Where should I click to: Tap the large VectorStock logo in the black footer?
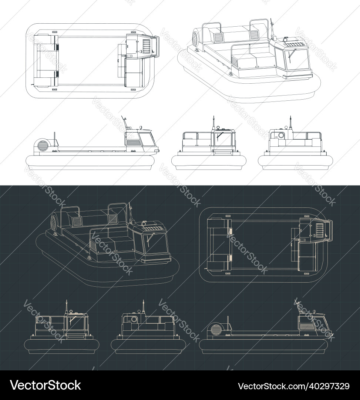(46, 385)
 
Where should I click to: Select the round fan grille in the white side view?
(41, 146)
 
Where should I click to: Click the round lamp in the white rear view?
(281, 135)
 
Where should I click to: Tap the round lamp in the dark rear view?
(134, 319)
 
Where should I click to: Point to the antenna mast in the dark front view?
(67, 306)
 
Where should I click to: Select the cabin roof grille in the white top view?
(147, 46)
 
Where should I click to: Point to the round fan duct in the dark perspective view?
(55, 222)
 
